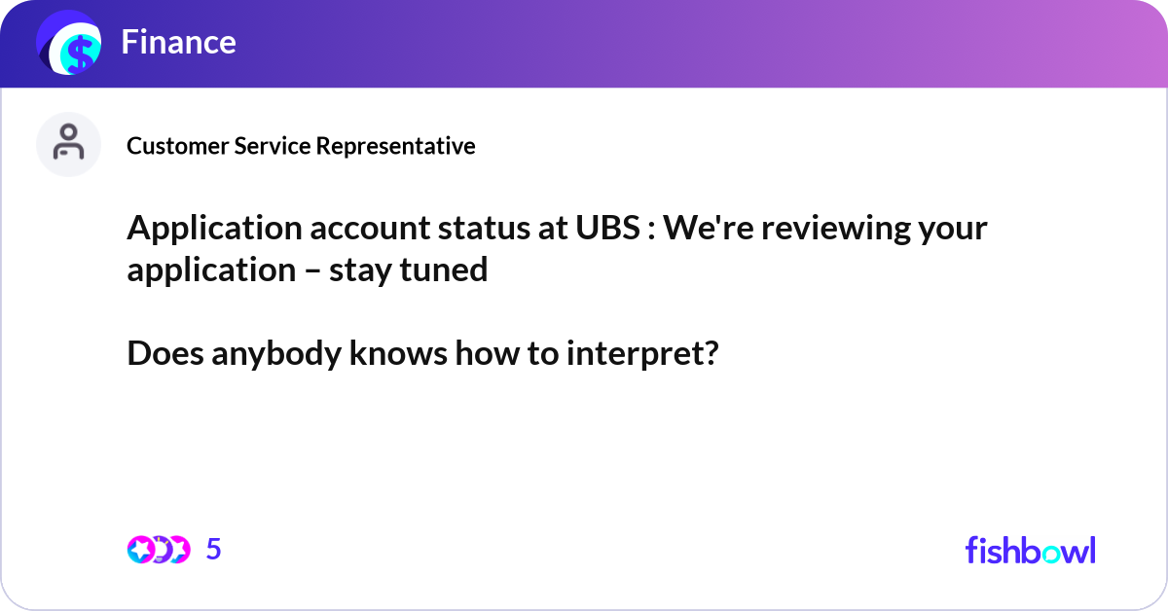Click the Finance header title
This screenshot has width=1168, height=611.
178,42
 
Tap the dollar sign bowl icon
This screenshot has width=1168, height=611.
69,45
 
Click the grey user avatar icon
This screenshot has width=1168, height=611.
68,144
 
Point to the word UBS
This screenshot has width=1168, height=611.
600,230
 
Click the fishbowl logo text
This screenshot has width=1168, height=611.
1030,550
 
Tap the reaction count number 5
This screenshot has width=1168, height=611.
214,550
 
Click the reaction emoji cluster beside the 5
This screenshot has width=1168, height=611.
158,550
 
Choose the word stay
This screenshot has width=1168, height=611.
360,270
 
